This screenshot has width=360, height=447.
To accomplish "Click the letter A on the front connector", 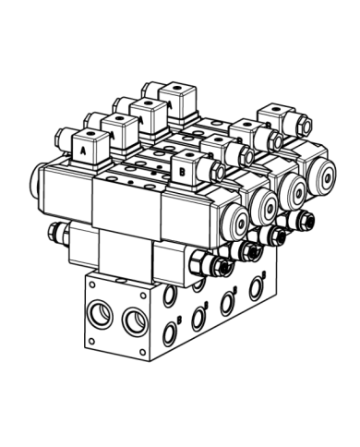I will point(83,149).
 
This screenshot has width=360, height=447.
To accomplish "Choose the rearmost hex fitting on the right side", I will point(302,220).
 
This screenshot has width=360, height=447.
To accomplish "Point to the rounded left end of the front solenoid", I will point(39,180).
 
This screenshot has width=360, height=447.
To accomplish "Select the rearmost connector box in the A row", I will point(174,94).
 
